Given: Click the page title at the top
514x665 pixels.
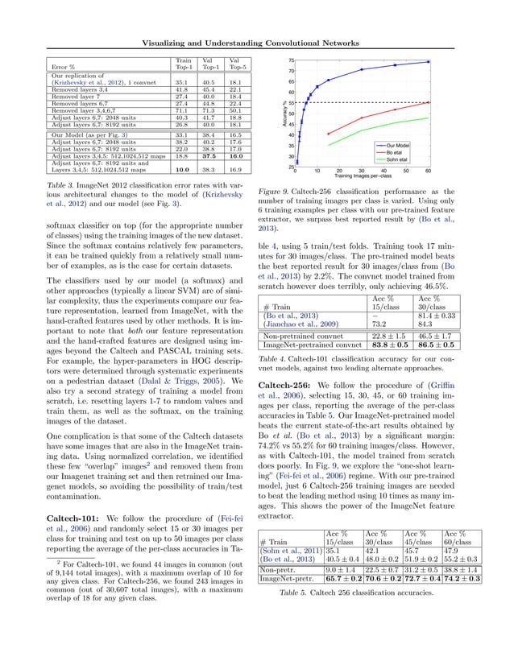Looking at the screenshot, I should pos(256,43).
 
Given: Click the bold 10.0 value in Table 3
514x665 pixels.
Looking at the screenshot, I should pos(182,171).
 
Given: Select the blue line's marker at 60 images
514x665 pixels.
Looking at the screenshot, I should pos(429,61).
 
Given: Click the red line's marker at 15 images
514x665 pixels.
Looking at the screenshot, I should pos(328,134).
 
